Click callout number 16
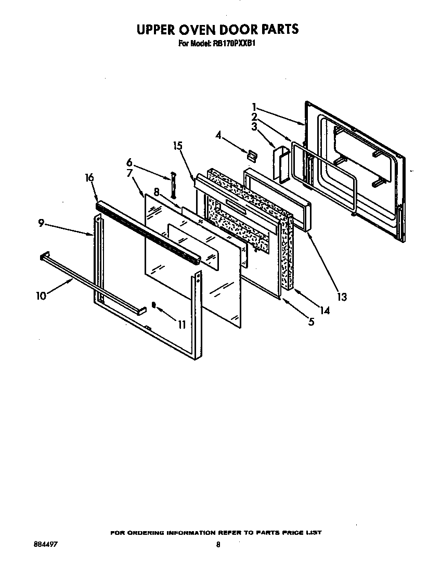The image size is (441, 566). click(89, 178)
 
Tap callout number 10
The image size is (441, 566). click(41, 296)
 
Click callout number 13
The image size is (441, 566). click(341, 297)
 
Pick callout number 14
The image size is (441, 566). click(324, 311)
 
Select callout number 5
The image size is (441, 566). click(310, 322)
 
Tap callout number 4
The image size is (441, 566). click(219, 136)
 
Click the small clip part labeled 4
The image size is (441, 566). click(252, 155)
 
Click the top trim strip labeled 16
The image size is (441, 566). click(146, 229)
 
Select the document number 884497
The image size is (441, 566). click(45, 544)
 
